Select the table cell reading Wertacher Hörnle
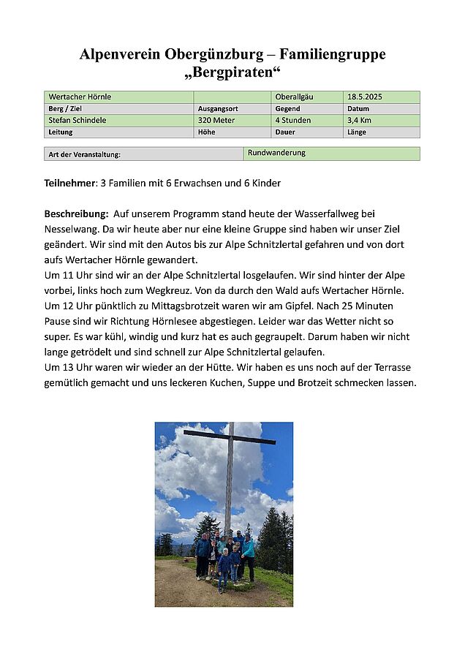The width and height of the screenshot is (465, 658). pos(80,97)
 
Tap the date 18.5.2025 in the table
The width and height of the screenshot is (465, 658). pos(365,97)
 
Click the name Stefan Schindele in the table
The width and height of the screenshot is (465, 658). pos(78,120)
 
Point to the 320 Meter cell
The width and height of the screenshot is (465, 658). pos(216,120)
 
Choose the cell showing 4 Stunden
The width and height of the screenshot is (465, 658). pos(293,120)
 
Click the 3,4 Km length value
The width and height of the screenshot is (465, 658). pos(359,120)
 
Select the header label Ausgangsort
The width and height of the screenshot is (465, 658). pos(218,108)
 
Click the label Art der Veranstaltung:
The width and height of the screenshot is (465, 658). pos(84,154)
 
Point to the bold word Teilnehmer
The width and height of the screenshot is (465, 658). pos(70,183)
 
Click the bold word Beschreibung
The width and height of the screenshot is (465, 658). pos(76,213)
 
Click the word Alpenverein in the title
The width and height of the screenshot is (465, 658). pos(120,54)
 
